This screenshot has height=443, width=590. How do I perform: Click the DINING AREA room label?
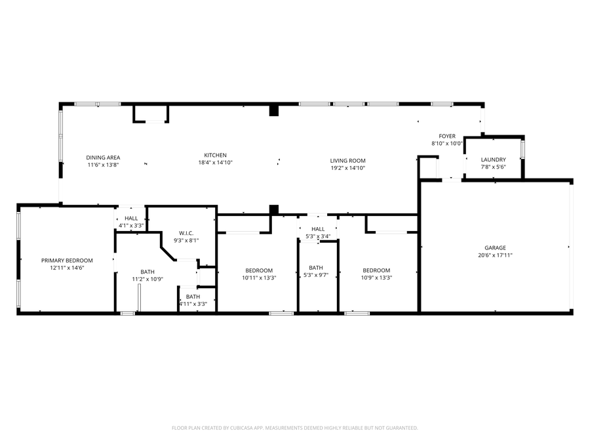point(104,158)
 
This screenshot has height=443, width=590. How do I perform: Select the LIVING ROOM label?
point(347,161)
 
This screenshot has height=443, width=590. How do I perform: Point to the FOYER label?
point(447,136)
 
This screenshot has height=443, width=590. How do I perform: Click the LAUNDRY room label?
point(493,159)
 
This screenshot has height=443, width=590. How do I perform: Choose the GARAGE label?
point(495,248)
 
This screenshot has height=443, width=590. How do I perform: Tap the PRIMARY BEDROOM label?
point(67,261)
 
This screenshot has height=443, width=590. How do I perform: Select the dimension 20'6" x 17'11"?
point(495,255)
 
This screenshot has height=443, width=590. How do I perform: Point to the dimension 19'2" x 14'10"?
point(347,168)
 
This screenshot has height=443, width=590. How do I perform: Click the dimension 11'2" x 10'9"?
point(147,279)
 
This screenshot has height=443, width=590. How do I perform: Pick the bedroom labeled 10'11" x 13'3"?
point(259,274)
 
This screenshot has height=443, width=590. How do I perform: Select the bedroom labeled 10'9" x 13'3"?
point(376,274)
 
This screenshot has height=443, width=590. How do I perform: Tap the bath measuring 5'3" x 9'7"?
point(316,271)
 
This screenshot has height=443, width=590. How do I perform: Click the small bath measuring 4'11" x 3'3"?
point(193,300)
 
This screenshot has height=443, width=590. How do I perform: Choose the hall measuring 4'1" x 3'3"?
point(131,222)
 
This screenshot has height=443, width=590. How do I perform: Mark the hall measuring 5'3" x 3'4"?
point(318,232)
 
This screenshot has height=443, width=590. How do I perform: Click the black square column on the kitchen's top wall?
point(274,111)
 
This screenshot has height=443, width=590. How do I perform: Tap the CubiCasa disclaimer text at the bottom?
point(294,428)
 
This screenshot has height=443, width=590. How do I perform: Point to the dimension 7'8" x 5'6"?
point(493,167)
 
